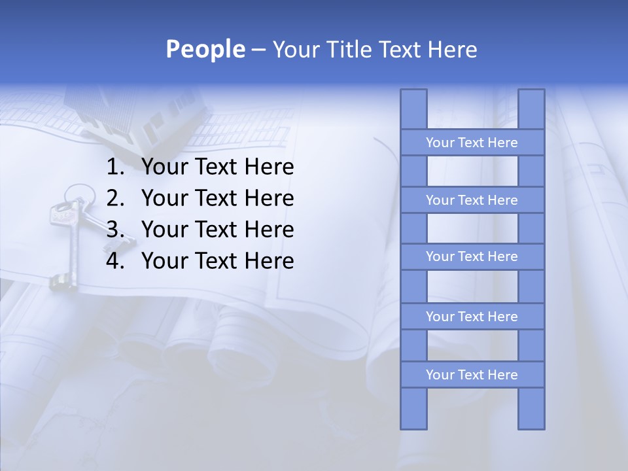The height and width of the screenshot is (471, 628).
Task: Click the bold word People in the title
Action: point(205,49)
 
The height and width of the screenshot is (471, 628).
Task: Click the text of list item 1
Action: point(217,167)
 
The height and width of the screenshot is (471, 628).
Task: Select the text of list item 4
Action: point(217,261)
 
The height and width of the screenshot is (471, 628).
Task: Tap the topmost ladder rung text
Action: point(472,143)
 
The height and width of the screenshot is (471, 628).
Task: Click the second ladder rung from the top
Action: point(472,200)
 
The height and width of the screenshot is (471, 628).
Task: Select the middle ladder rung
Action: point(472,256)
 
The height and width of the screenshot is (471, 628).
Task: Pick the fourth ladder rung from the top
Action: point(472,317)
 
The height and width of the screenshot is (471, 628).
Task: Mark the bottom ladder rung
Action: point(472,375)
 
